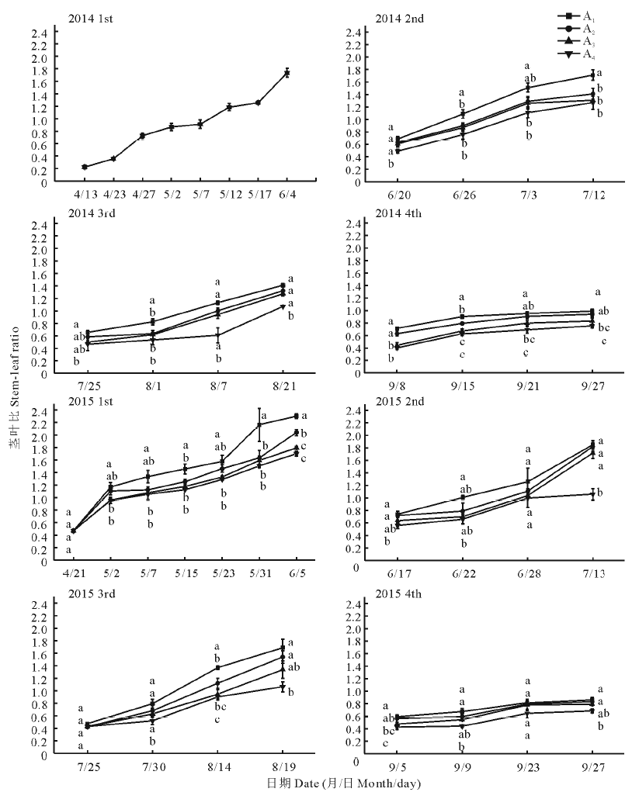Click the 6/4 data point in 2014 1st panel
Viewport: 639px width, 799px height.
(x=287, y=73)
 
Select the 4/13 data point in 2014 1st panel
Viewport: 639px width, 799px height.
(x=85, y=167)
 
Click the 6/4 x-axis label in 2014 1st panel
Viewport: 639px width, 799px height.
(x=287, y=195)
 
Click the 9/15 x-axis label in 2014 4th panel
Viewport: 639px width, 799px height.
(x=463, y=386)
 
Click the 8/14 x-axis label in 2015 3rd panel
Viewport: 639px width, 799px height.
(x=217, y=766)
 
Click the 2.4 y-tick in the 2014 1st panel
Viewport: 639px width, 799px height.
(x=39, y=33)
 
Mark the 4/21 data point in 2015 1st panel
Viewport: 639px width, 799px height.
(x=74, y=531)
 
